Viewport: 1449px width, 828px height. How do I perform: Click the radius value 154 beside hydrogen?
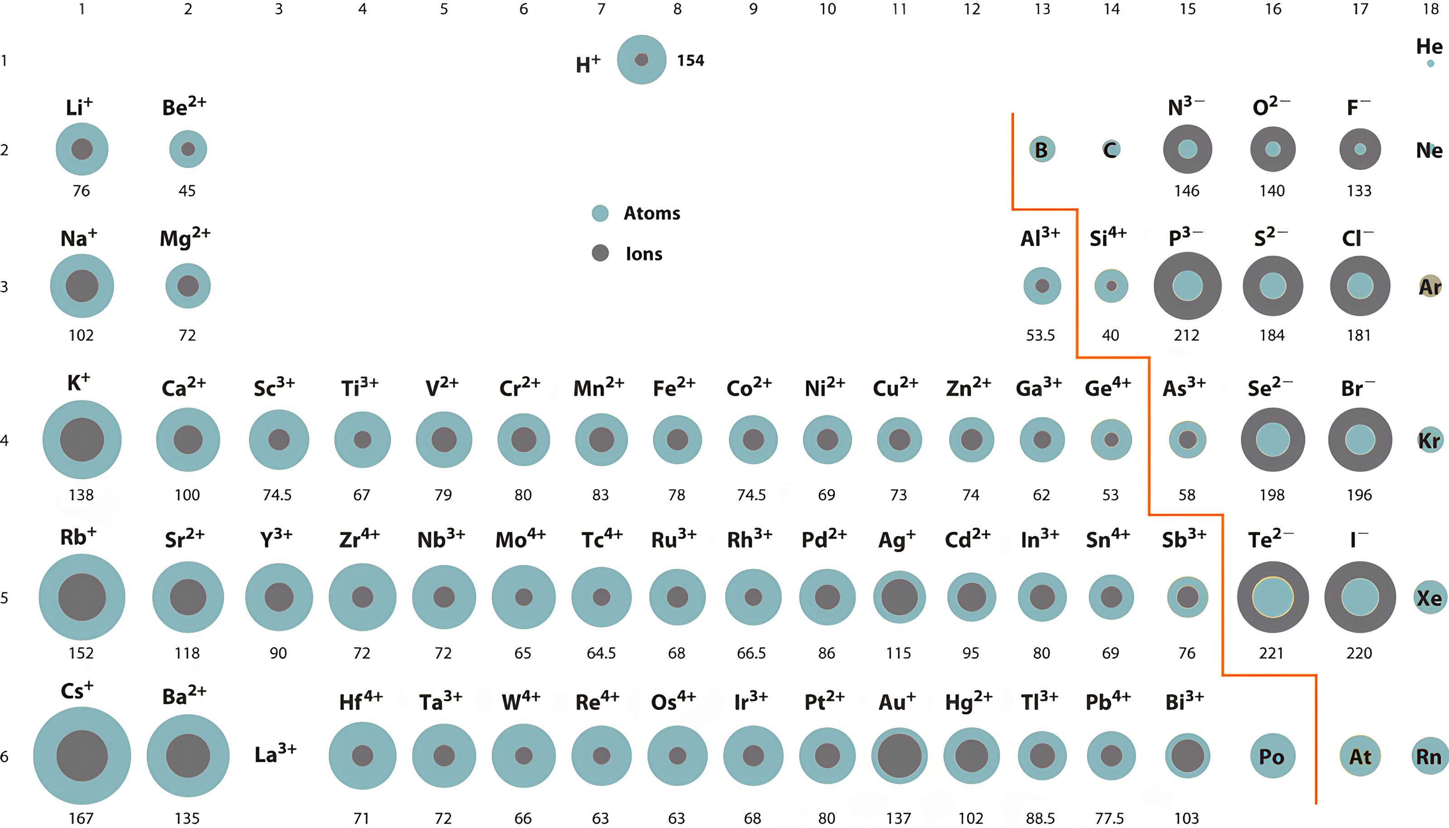[x=690, y=60]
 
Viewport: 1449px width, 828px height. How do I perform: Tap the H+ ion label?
[x=588, y=64]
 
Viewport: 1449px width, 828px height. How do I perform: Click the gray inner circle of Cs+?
[x=82, y=756]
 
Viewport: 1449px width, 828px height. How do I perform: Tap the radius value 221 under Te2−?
[x=1271, y=653]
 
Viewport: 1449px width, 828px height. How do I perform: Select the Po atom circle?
[x=1272, y=756]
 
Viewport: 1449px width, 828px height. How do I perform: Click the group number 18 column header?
[x=1430, y=9]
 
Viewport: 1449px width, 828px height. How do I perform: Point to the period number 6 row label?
[x=5, y=756]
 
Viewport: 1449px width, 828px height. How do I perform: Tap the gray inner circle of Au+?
[x=899, y=756]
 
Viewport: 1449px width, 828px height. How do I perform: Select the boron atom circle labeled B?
[x=1042, y=149]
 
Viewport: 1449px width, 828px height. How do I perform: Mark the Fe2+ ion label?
[x=674, y=388]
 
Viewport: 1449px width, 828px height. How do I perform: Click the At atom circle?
[x=1360, y=756]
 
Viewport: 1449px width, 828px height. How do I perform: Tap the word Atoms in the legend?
[x=652, y=213]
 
